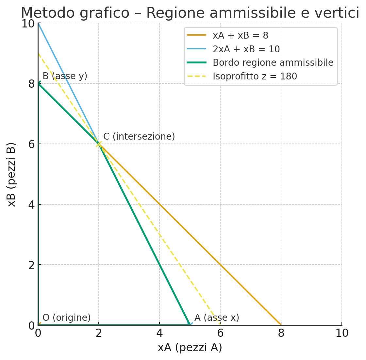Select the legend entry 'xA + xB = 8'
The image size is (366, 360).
(241, 35)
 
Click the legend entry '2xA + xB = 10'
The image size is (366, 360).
(246, 49)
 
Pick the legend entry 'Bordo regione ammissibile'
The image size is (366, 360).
(273, 63)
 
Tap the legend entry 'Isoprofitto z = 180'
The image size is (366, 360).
(255, 77)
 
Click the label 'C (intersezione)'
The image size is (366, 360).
(139, 137)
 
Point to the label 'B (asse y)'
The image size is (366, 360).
(65, 76)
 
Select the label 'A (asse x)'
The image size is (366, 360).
(217, 318)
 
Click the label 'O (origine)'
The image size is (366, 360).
(66, 318)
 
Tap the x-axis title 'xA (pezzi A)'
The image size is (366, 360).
(190, 348)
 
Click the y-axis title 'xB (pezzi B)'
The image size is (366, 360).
(12, 174)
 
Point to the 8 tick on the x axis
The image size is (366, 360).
(281, 333)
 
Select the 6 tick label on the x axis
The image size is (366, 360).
(220, 333)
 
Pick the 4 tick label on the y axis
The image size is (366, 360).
(31, 205)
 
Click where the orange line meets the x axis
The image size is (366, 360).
(281, 325)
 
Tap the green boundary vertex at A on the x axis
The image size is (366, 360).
(190, 325)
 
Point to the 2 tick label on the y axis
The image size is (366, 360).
(31, 265)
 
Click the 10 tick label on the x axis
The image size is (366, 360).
(342, 333)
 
